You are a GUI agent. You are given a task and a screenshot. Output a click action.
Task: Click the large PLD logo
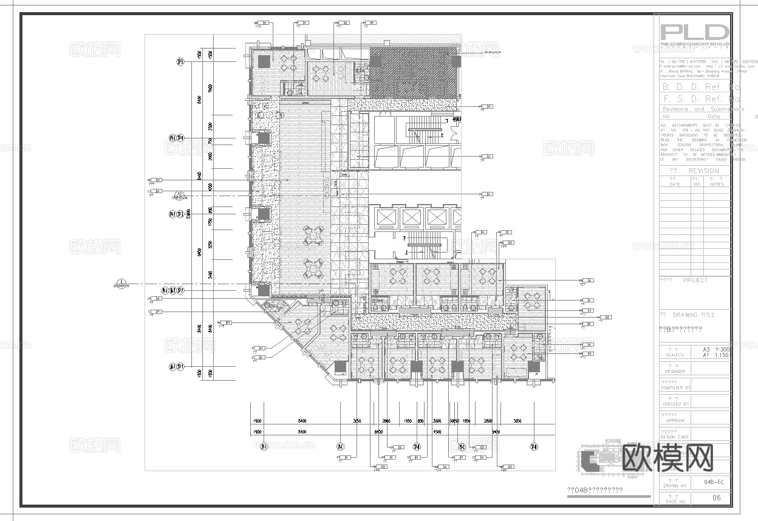[694, 32]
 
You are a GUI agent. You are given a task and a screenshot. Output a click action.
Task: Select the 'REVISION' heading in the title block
[703, 171]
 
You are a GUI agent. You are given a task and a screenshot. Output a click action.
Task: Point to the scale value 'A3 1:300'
[715, 350]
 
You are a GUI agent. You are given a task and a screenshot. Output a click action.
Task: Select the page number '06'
[716, 498]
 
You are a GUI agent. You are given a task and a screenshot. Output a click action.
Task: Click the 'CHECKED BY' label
[675, 404]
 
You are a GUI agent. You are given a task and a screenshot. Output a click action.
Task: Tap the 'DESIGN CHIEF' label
[674, 437]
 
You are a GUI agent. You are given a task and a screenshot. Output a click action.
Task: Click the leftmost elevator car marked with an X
[385, 217]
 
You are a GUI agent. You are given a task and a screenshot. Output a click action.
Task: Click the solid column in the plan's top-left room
[264, 61]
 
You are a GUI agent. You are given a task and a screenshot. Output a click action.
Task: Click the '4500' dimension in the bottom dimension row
[436, 432]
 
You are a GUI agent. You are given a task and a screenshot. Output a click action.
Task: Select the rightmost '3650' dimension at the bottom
[517, 421]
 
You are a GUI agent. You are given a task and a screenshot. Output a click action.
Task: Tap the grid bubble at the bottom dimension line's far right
[533, 447]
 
